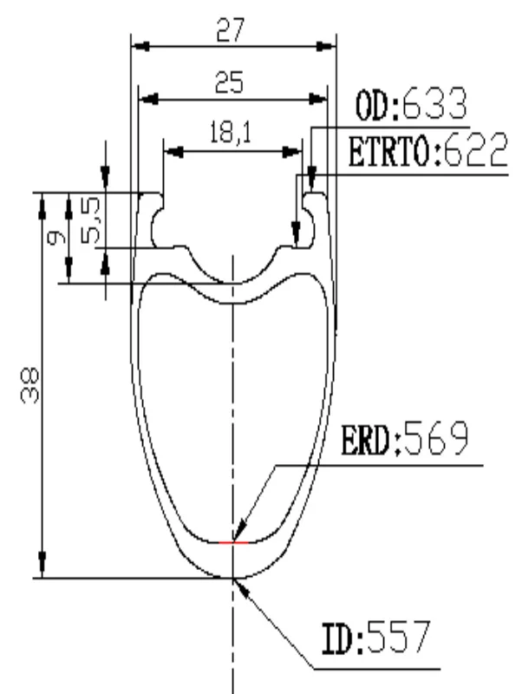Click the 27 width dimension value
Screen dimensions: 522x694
[230, 30]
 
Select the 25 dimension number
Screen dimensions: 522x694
[229, 82]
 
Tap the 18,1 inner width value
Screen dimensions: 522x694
[230, 132]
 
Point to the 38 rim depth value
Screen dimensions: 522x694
[30, 386]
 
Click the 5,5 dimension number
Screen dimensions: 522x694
[91, 220]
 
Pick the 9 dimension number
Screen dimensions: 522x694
[56, 238]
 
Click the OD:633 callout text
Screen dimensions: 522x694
[411, 104]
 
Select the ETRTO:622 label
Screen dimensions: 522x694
[428, 150]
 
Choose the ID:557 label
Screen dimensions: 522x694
[376, 638]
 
